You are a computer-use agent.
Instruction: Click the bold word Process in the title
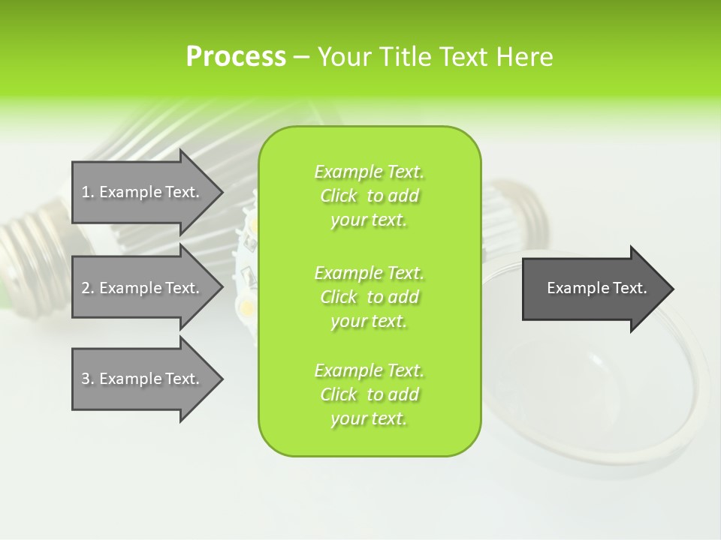point(236,57)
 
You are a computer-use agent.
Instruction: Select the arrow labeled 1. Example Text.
point(140,192)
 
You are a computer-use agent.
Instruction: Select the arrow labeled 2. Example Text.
point(140,288)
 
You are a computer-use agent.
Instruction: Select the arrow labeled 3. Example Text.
point(140,379)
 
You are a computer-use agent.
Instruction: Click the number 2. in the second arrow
point(87,288)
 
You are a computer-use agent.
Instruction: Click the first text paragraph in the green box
point(369,196)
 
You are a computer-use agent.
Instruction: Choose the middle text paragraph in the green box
point(369,297)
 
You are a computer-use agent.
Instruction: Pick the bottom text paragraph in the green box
point(369,394)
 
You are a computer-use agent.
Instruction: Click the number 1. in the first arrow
point(87,192)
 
